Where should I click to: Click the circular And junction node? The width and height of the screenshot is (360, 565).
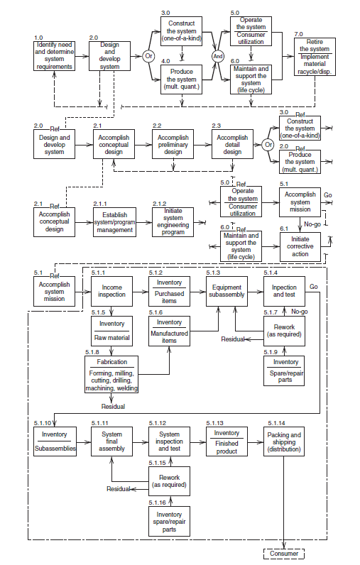pos(218,56)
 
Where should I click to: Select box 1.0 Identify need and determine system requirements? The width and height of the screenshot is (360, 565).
pos(53,56)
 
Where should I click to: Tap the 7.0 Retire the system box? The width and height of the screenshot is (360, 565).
pos(317,56)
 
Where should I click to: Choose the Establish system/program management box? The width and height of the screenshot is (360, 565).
pos(114,223)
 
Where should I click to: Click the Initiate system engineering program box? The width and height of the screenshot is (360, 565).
pos(173,223)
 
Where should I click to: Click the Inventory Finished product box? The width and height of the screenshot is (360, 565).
pos(227,442)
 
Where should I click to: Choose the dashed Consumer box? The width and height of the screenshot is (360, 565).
pos(284,553)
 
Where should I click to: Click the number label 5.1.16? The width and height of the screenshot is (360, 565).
pos(159,503)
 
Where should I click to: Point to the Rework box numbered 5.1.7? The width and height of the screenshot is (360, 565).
pos(284,331)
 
